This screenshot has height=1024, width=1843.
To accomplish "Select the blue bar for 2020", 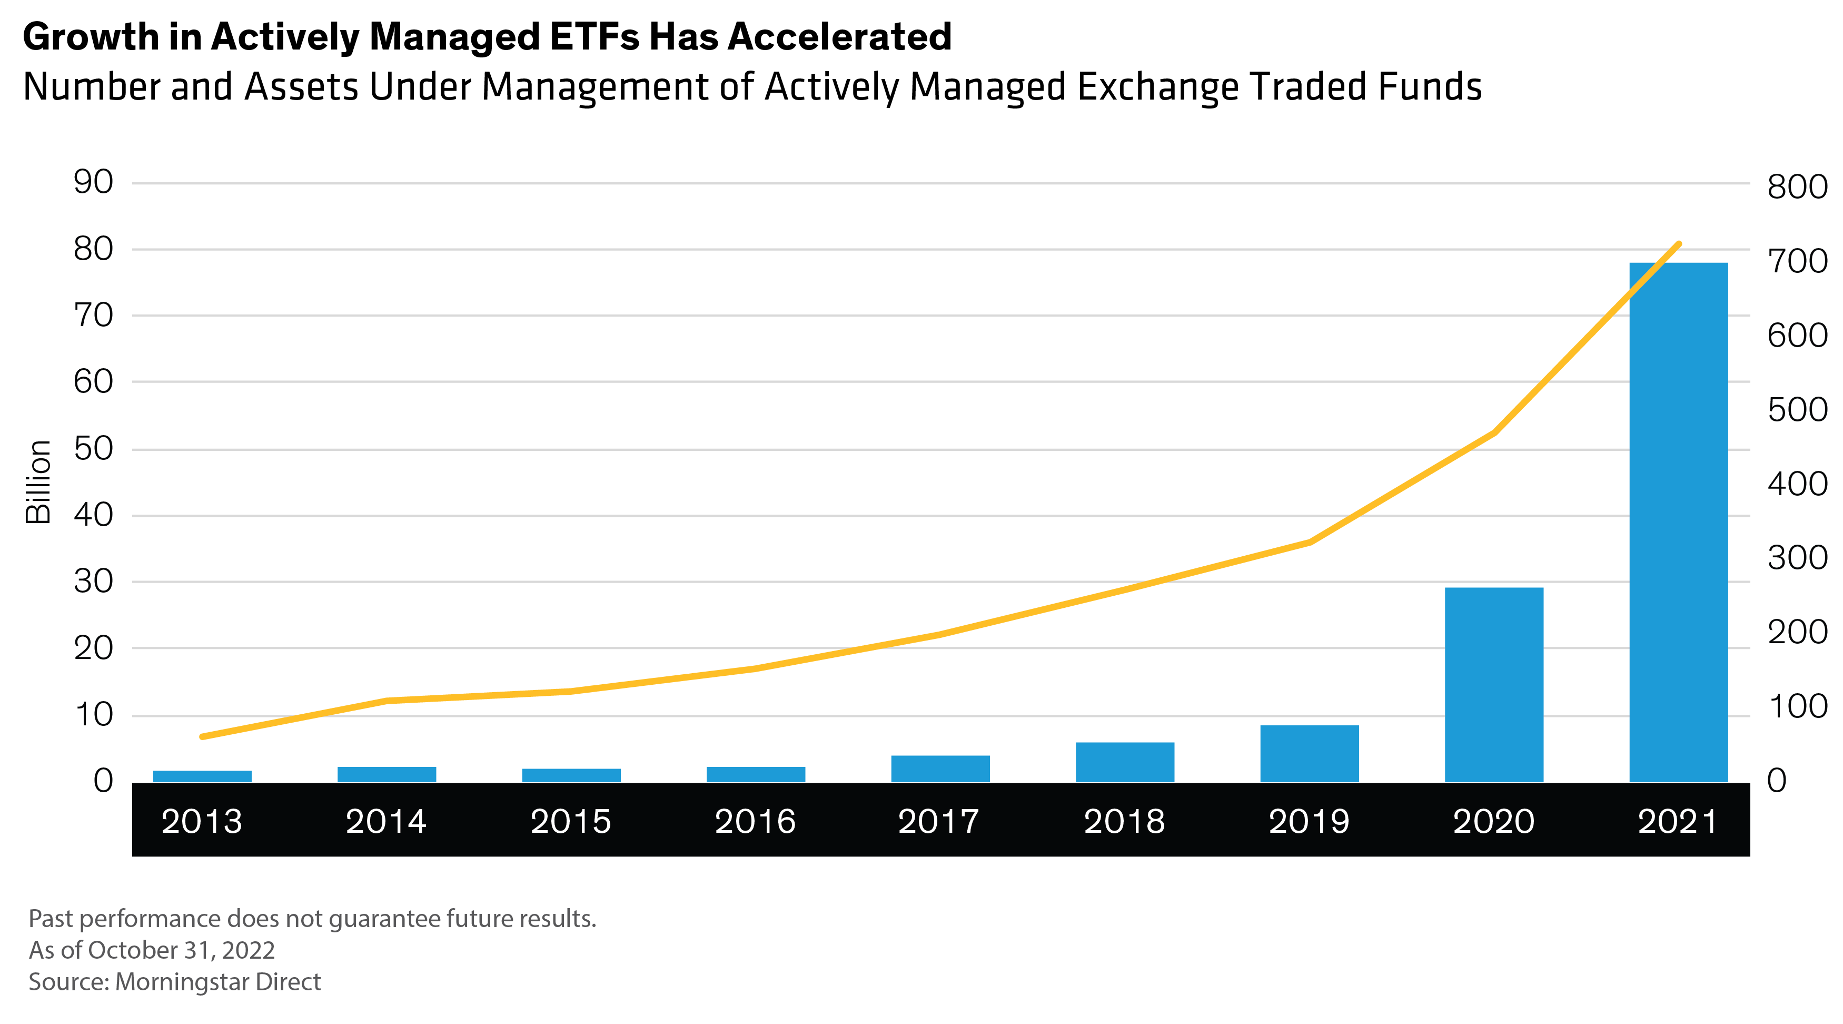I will tap(1494, 684).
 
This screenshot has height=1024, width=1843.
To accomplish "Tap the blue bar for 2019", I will tap(1309, 753).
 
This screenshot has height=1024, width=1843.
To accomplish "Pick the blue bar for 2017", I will tap(940, 769).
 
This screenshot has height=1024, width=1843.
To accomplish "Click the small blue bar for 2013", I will tap(203, 776).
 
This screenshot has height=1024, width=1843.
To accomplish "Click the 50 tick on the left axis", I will tap(94, 449).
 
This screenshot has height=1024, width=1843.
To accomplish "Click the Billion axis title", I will tap(38, 481).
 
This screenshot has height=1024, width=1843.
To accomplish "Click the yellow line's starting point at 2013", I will tap(203, 736).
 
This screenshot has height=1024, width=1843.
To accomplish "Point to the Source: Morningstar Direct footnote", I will tap(175, 982).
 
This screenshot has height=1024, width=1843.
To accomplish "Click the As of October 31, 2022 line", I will tap(152, 950).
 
